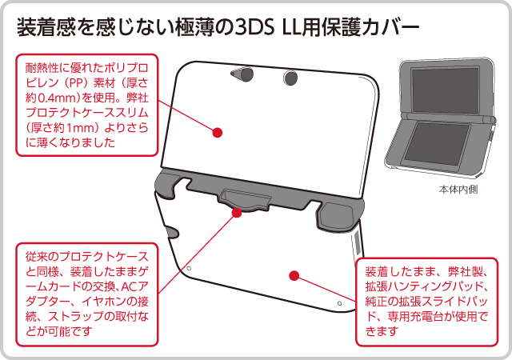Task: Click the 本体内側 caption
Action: (x=458, y=190)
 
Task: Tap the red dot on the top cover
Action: (x=218, y=133)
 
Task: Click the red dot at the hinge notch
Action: (x=237, y=213)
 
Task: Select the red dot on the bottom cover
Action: (x=294, y=275)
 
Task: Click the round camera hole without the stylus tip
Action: (x=290, y=78)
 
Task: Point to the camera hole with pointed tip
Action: (x=242, y=75)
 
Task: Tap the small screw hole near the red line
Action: (x=189, y=269)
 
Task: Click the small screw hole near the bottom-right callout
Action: (x=339, y=303)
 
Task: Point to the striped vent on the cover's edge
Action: (x=356, y=244)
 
